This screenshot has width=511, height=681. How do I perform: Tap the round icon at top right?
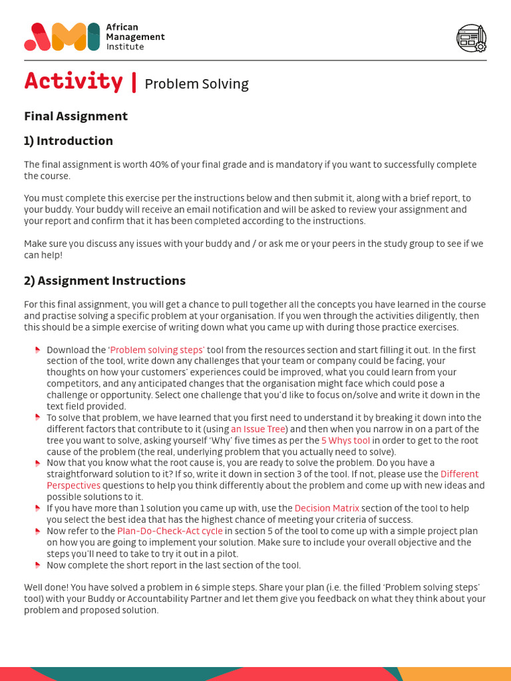coord(471,38)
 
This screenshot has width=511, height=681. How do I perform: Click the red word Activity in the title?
coord(73,81)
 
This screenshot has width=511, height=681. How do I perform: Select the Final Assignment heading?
coord(76,116)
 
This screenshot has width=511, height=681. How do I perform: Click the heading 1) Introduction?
coord(69,141)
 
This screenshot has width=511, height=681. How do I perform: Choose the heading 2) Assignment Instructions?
coord(105,281)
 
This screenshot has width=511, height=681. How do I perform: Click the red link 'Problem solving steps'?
coord(156,350)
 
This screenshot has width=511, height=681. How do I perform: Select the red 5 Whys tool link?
coord(345,440)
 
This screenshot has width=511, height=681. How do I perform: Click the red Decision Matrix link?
coord(325,508)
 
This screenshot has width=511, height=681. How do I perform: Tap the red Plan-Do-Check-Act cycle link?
coord(170,531)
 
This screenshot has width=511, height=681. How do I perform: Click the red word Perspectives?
coord(73,485)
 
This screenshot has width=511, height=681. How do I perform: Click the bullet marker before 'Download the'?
coord(37,350)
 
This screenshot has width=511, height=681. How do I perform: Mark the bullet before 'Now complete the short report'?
coord(37,565)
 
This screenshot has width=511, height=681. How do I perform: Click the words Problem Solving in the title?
coord(196,84)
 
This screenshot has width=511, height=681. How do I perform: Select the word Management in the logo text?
coord(135,37)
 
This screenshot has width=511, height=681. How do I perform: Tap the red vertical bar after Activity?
coord(134,81)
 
